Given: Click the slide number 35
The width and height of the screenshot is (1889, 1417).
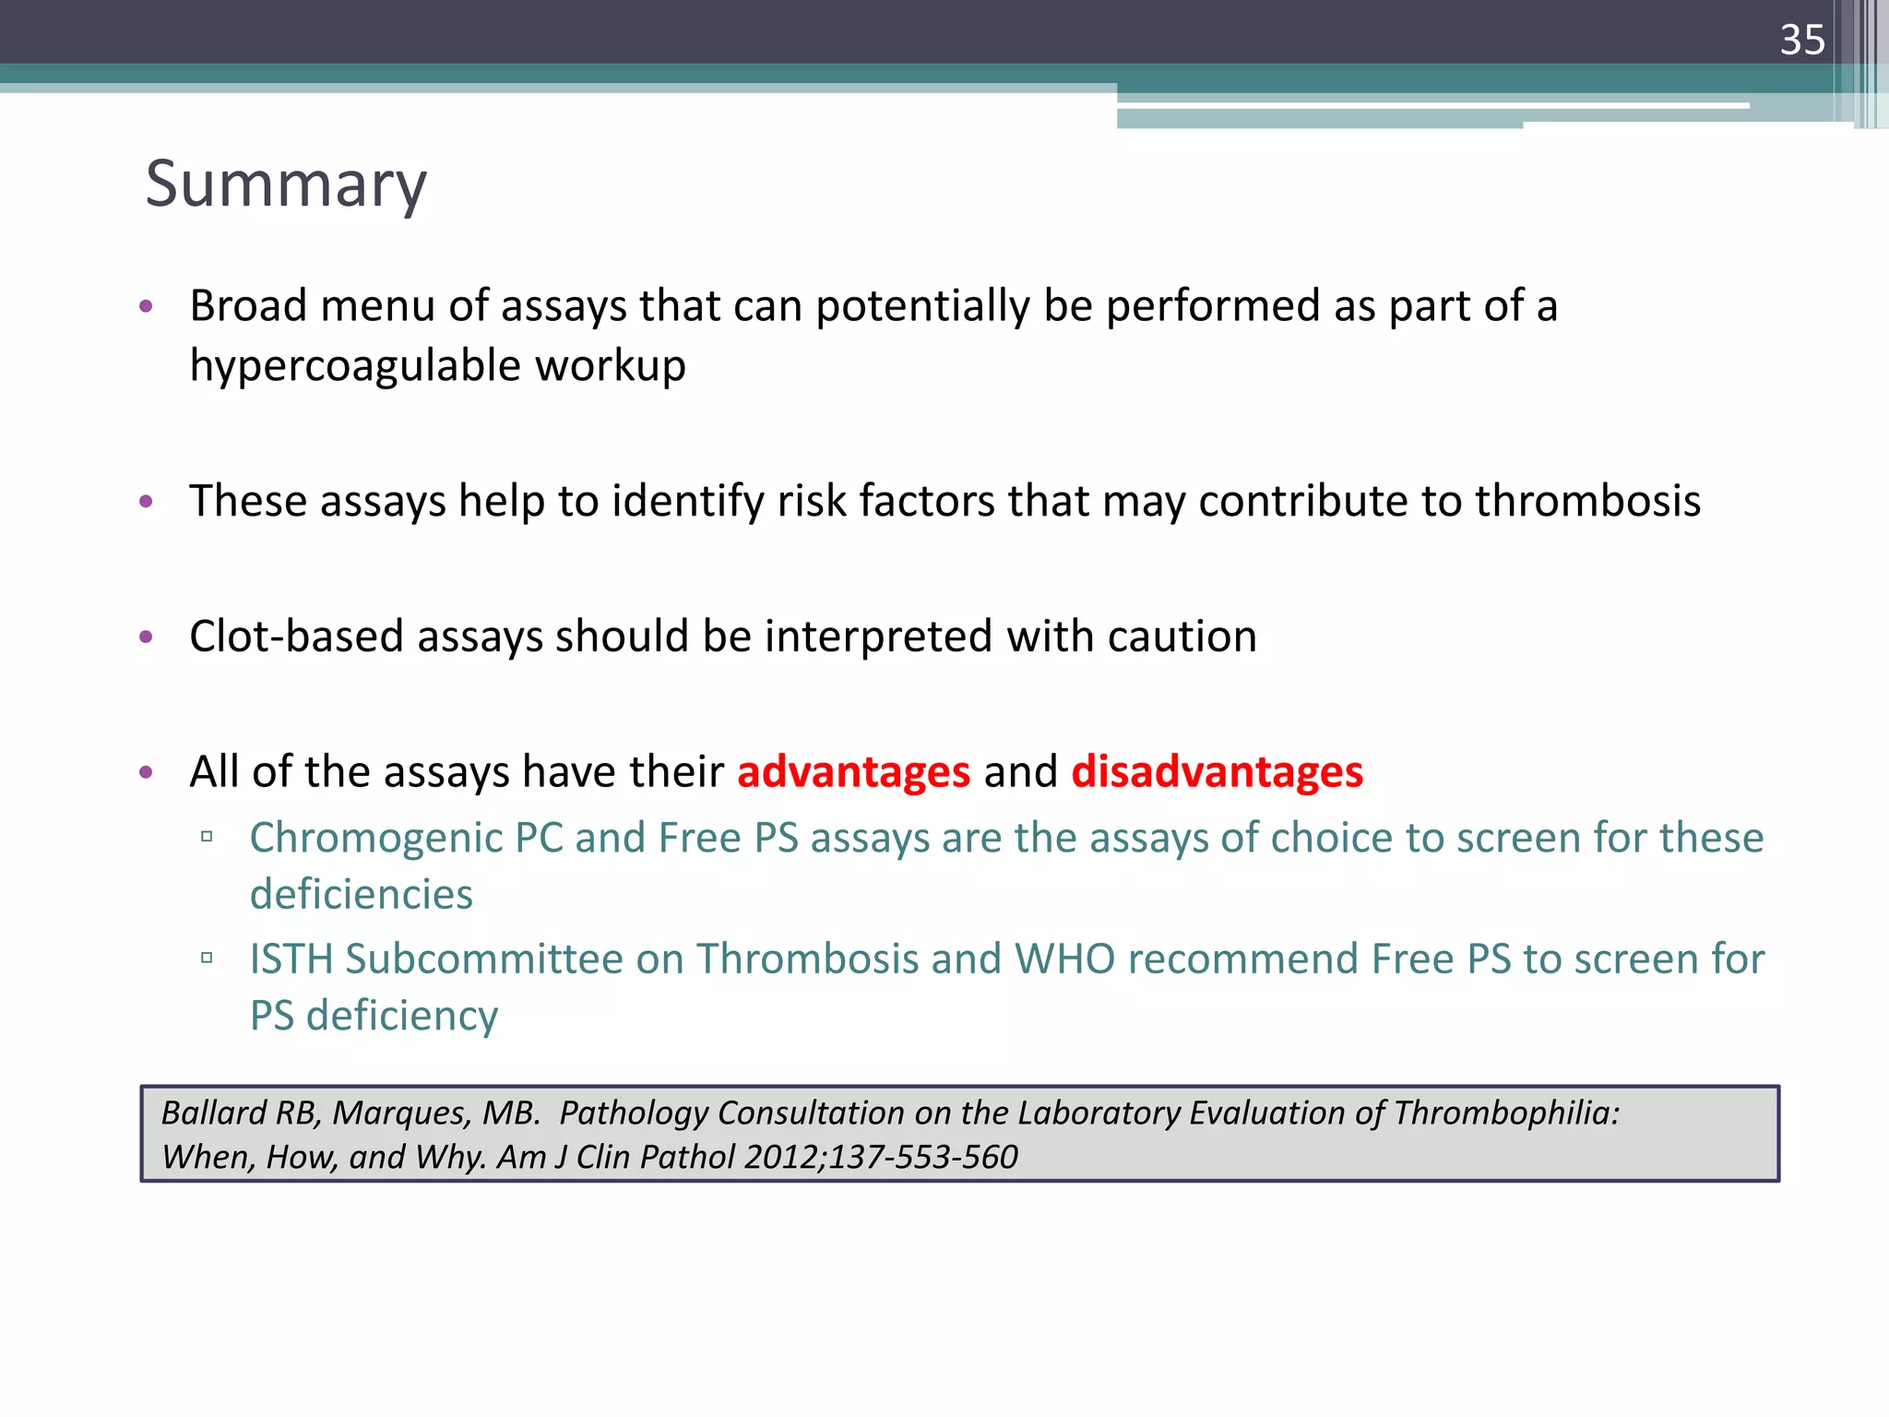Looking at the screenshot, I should [x=1802, y=40].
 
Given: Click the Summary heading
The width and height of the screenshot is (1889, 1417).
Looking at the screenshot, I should [x=286, y=184].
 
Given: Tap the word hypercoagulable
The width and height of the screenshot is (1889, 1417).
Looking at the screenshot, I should [x=355, y=366].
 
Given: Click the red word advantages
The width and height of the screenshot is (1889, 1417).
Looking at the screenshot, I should [x=853, y=771].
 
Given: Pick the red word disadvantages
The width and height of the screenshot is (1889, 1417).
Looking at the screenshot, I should [x=1217, y=771].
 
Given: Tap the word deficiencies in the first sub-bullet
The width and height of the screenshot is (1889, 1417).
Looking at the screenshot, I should [x=362, y=895].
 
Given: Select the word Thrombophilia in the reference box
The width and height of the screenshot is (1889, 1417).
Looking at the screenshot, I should [x=1505, y=1113].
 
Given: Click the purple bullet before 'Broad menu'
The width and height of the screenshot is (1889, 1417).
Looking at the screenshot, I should [x=145, y=306].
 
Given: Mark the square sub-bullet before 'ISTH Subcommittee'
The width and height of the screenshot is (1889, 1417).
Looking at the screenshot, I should [x=207, y=959].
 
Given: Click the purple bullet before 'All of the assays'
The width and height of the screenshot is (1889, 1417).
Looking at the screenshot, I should [x=145, y=772].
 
